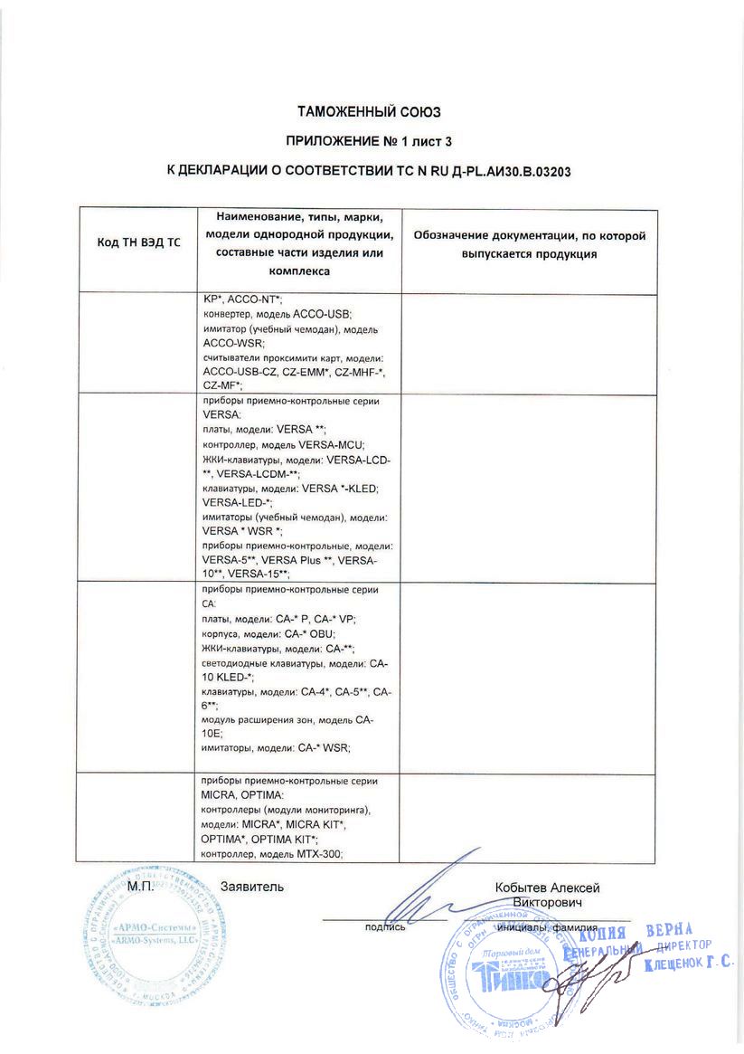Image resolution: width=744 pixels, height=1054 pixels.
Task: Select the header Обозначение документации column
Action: pyautogui.click(x=529, y=244)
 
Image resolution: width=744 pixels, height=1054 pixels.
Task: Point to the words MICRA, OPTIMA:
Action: pyautogui.click(x=239, y=795)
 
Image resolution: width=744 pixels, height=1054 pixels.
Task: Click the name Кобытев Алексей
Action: pyautogui.click(x=547, y=888)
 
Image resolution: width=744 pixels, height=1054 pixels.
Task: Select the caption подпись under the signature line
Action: pyautogui.click(x=384, y=926)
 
